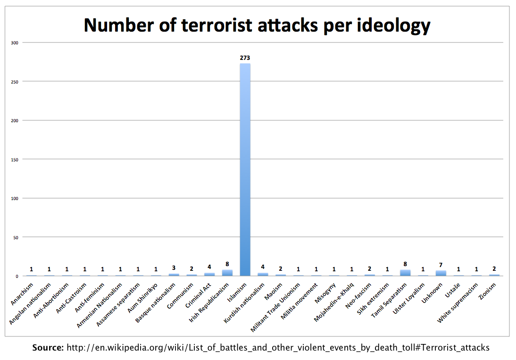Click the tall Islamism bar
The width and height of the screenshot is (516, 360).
(245, 170)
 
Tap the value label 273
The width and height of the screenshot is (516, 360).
(245, 58)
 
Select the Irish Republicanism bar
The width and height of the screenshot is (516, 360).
(227, 273)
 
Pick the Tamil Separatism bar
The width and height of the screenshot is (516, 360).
(405, 273)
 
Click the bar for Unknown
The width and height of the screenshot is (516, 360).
(441, 273)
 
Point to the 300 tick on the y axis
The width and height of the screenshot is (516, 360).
(15, 43)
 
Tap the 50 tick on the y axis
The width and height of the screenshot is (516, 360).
(16, 237)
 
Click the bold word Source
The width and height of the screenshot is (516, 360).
(48, 348)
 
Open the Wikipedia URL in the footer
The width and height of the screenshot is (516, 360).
(278, 348)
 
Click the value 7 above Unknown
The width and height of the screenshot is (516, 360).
(441, 265)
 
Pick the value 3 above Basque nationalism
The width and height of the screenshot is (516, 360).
(174, 268)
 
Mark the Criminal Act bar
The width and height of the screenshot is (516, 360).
(209, 274)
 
